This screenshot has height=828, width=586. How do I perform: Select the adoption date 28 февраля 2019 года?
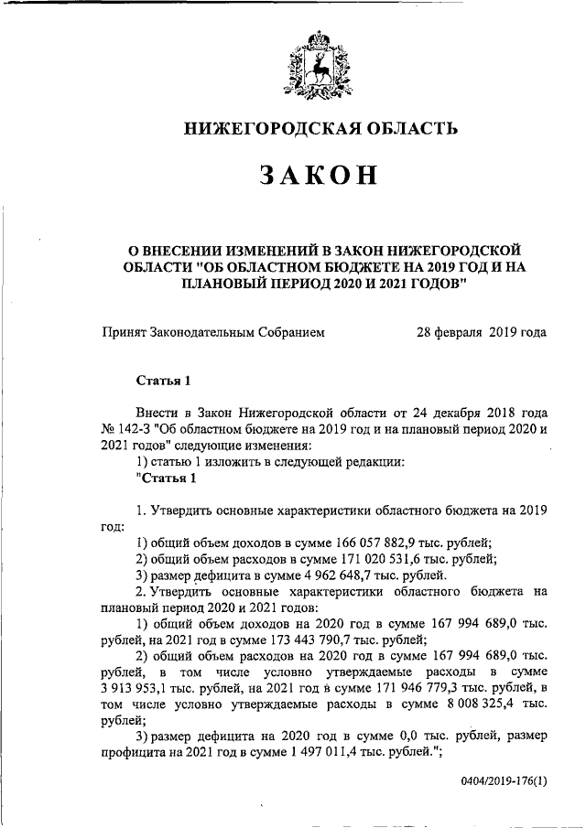point(482,332)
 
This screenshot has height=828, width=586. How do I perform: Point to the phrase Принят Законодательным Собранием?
point(213,332)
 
